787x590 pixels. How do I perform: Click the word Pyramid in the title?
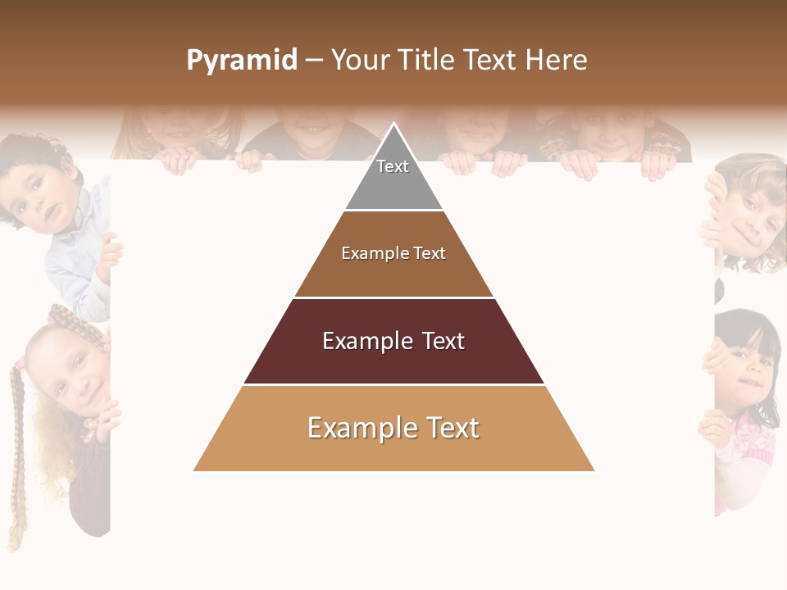click(x=242, y=60)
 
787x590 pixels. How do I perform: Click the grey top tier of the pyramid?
click(x=393, y=184)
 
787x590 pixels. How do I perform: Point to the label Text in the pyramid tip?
click(x=393, y=166)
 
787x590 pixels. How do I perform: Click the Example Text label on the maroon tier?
click(x=393, y=341)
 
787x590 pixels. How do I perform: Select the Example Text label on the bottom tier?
click(x=393, y=428)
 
